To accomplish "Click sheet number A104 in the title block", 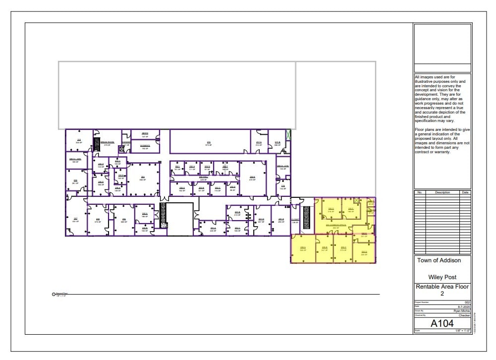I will pos(442,323).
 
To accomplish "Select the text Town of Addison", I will pos(439,260).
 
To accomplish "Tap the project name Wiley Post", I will pos(442,277).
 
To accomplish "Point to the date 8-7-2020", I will pos(463,306).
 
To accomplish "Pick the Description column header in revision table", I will pos(442,192).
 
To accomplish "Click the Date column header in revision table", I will pos(465,192).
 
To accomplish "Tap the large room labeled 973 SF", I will pos(209,143).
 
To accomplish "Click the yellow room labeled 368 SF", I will pos(302,248).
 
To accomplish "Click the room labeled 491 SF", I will pos(75,220).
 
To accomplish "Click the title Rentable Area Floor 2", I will pos(442,290).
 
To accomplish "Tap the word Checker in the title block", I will pos(464,315).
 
